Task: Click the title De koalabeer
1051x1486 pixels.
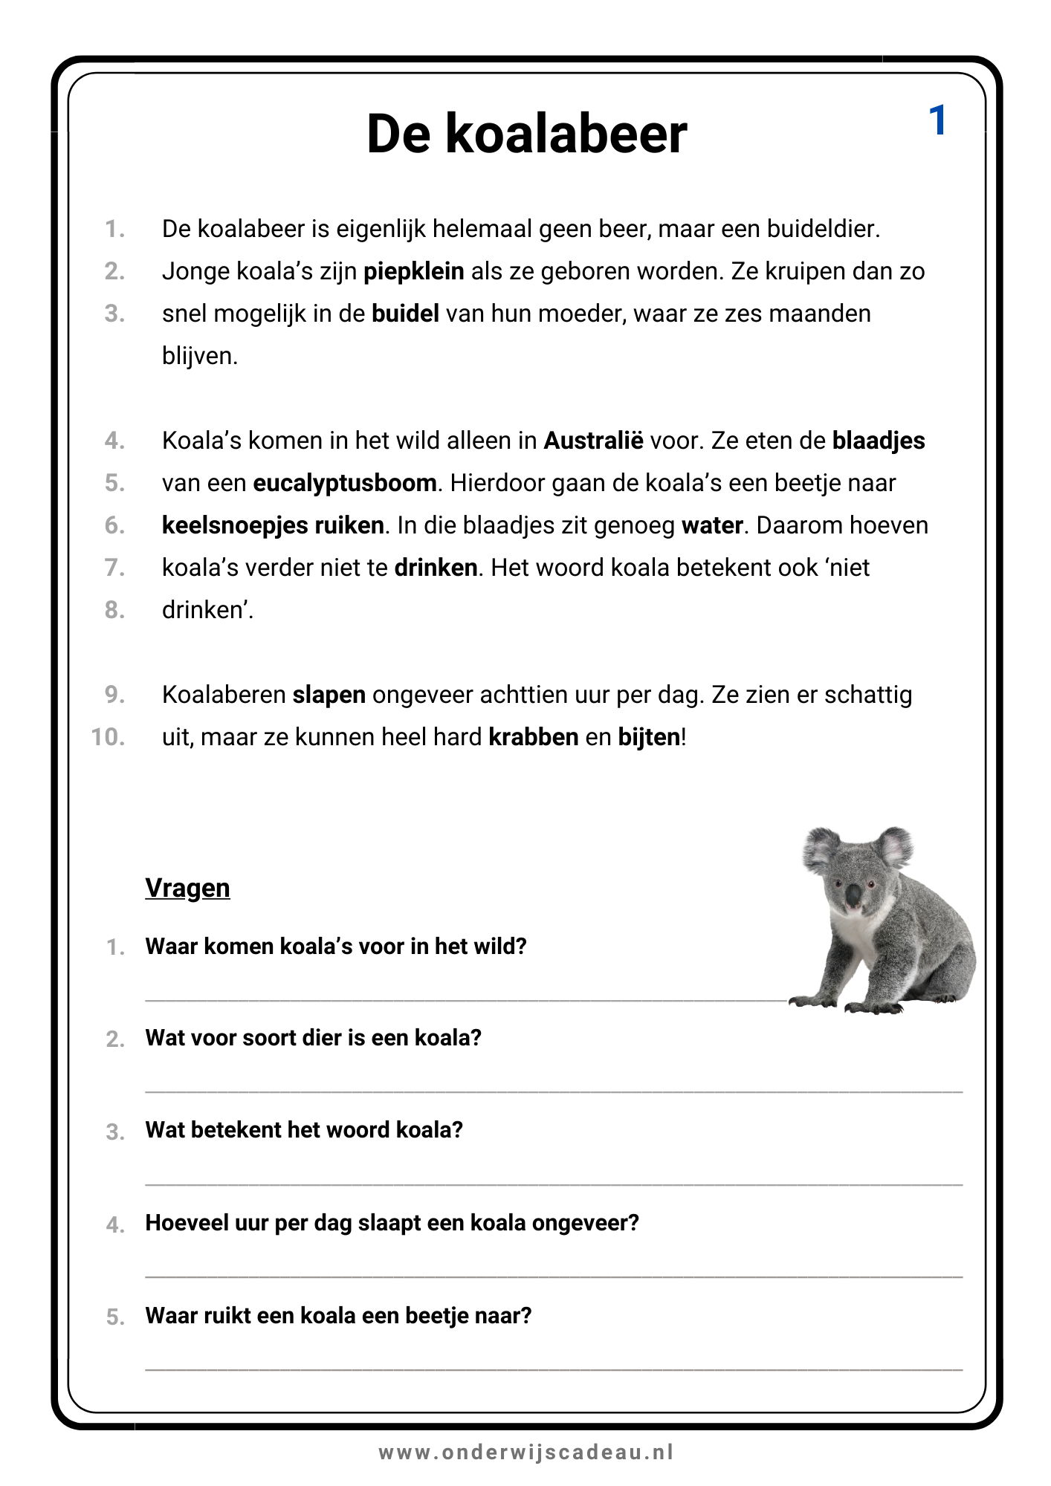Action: (526, 134)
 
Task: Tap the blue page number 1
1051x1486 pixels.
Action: (937, 120)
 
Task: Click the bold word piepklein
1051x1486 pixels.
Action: (413, 271)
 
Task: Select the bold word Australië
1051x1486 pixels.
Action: (593, 441)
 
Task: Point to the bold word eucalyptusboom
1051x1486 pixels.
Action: (344, 484)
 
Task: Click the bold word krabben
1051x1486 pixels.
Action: (533, 737)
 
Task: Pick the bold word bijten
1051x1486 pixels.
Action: (649, 737)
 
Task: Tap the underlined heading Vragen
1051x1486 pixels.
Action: (187, 888)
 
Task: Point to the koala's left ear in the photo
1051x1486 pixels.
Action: (822, 849)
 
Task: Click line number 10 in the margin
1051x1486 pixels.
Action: (109, 737)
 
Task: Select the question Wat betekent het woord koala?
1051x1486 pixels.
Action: (304, 1130)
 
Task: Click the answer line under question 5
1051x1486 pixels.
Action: (553, 1369)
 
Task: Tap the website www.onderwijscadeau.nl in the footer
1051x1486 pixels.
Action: (526, 1452)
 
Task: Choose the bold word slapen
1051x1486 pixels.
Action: (329, 695)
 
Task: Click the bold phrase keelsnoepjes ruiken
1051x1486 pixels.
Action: (273, 525)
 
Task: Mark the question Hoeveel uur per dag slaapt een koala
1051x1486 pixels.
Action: (392, 1223)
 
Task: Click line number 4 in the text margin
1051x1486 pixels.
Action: (114, 441)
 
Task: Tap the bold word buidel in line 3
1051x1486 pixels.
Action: (405, 314)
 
